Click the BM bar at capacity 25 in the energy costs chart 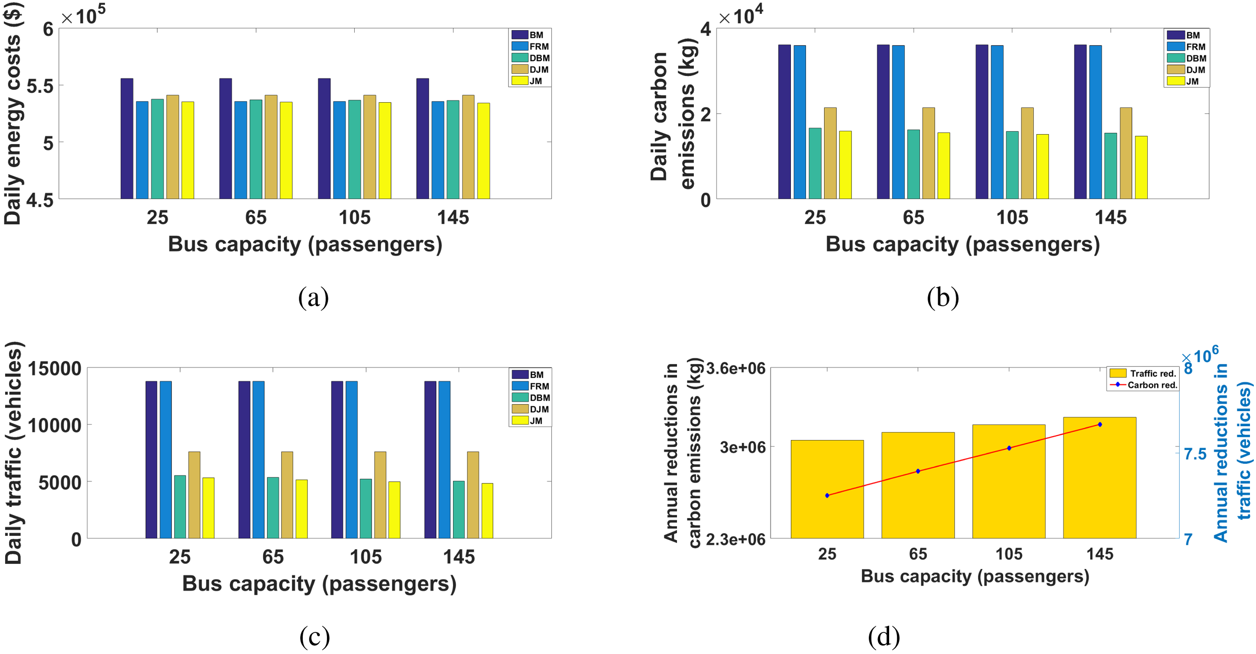point(127,139)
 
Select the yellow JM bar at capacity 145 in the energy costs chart point(483,151)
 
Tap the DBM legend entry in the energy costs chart point(531,58)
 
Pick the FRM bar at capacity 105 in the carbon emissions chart point(997,122)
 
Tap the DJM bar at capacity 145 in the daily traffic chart point(473,495)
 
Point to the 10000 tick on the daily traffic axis point(55,425)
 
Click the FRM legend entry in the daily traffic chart point(531,386)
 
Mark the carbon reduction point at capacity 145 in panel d point(1100,425)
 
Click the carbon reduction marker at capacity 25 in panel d point(827,495)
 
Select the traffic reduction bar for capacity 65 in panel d point(918,485)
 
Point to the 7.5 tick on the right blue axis point(1195,454)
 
